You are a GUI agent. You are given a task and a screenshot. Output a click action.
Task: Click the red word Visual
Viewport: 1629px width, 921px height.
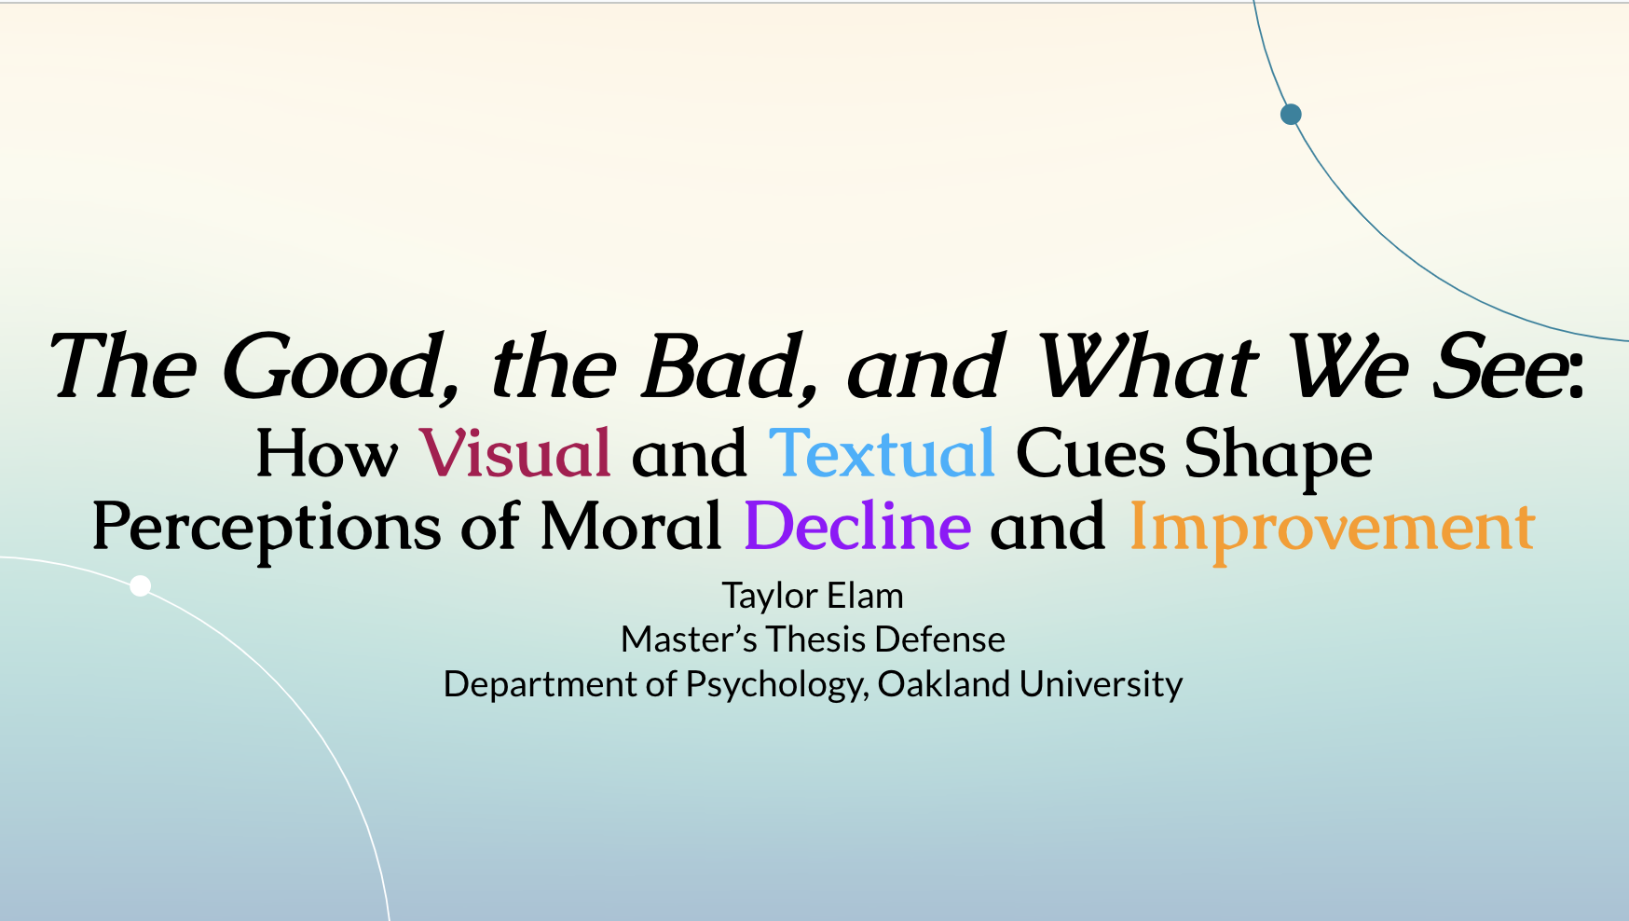[x=515, y=453]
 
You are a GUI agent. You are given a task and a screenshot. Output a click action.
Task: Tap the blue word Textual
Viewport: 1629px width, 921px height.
[x=882, y=453]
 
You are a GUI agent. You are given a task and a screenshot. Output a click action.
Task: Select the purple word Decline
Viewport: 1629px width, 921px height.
[x=857, y=526]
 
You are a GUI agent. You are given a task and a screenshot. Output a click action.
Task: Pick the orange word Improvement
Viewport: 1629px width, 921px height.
[x=1332, y=529]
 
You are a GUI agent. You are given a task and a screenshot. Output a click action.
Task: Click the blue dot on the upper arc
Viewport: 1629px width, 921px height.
[x=1291, y=114]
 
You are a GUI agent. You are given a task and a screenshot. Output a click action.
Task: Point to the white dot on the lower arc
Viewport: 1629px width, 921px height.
[x=140, y=585]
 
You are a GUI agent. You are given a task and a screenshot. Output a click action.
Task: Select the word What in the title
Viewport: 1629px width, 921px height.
[x=1147, y=365]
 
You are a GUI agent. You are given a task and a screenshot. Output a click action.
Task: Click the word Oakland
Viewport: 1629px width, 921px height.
[x=943, y=684]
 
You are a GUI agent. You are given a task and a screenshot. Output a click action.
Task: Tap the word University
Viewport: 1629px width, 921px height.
[x=1101, y=685]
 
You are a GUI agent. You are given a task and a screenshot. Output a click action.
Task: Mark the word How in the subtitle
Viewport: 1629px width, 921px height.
[x=327, y=454]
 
